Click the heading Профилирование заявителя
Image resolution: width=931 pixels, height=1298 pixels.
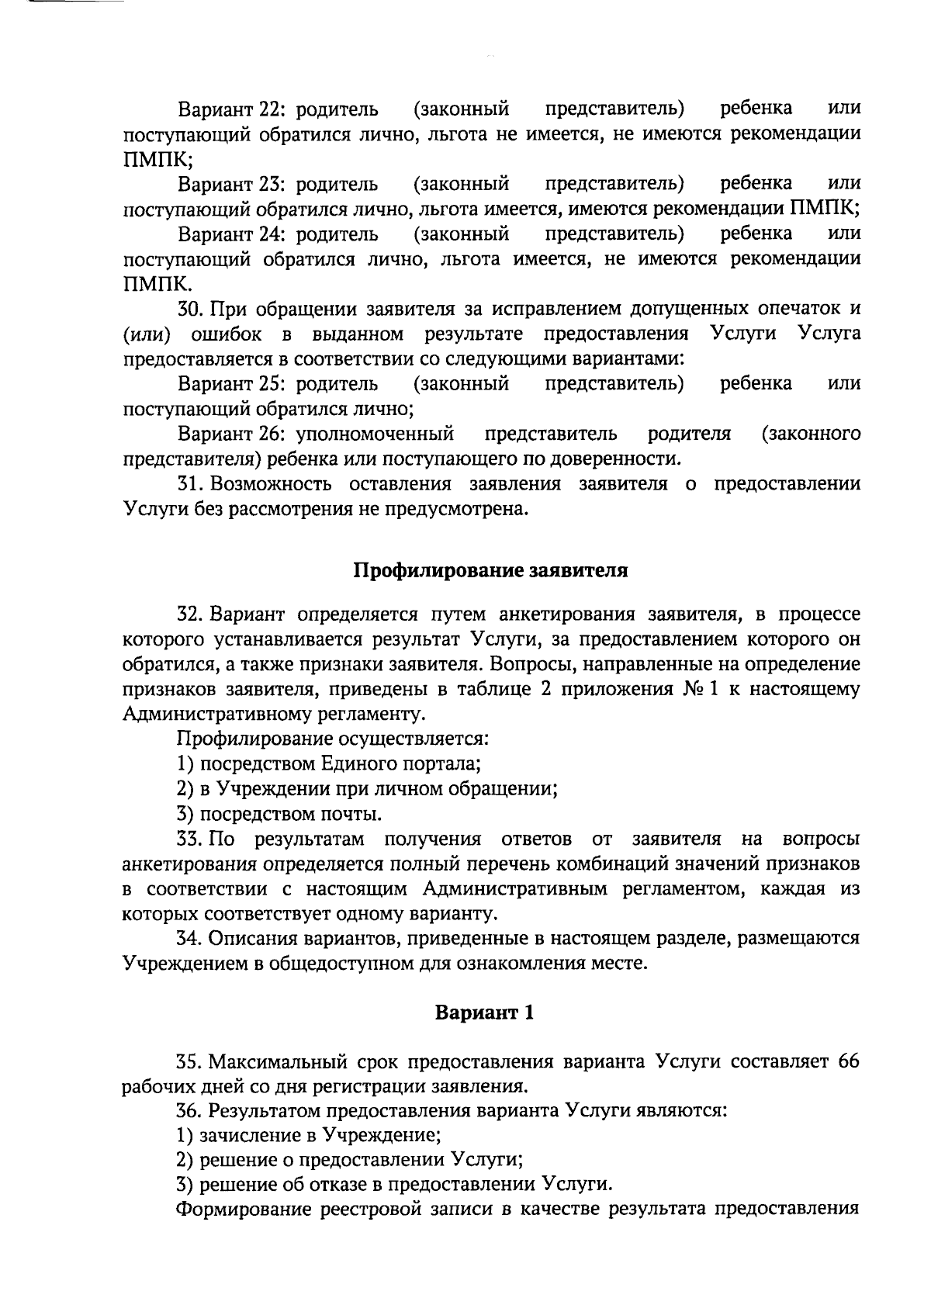pos(490,570)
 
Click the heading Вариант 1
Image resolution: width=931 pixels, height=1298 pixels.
pos(483,1012)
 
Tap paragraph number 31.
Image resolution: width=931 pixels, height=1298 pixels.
pos(191,484)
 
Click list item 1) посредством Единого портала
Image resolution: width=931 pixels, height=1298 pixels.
pos(329,763)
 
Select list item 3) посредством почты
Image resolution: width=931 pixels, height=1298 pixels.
pos(279,814)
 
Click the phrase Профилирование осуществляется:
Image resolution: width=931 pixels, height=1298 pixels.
pos(333,739)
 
